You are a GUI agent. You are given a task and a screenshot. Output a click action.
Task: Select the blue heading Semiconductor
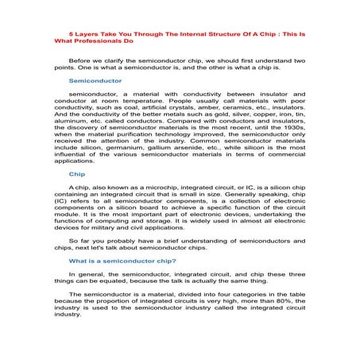click(95, 81)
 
